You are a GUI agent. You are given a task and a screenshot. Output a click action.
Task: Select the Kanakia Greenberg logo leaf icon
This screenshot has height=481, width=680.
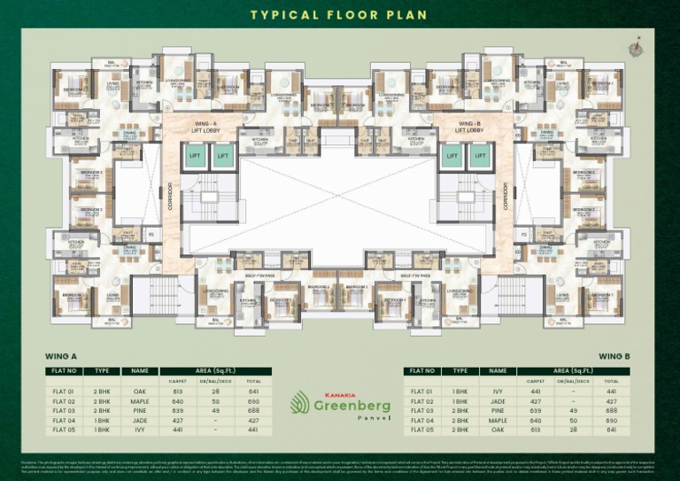pos(300,402)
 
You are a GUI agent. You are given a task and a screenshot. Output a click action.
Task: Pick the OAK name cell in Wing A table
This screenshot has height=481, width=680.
pos(139,391)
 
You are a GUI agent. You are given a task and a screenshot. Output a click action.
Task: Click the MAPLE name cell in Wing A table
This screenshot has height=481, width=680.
pos(139,400)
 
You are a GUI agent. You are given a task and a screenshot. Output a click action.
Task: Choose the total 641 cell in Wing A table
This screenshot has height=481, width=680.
pos(254,391)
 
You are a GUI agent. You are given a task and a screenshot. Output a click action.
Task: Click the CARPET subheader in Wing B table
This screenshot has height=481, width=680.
pos(534,381)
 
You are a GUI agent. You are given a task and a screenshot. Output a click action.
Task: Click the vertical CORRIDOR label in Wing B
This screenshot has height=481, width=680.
pos(507,196)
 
